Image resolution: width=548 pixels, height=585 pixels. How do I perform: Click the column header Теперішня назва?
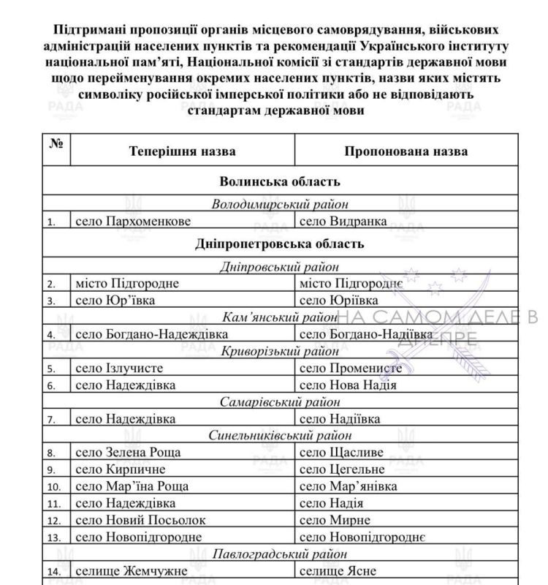coord(182,151)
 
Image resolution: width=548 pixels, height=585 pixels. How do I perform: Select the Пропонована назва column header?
coord(406,151)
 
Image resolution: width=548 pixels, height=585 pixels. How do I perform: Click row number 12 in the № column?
coord(53,520)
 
